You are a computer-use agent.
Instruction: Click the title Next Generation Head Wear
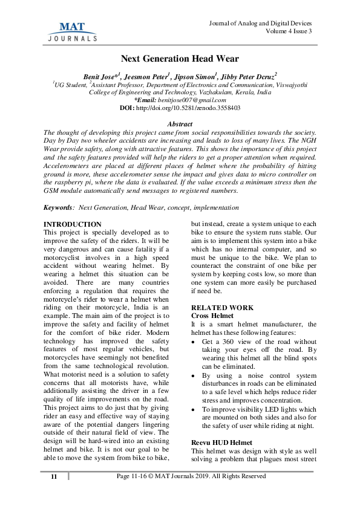click(180, 59)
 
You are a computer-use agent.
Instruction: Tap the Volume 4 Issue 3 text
click(289, 31)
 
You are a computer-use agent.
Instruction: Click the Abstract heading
click(180, 124)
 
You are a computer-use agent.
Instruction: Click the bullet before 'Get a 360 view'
click(194, 342)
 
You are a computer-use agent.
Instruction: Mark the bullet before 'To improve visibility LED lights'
click(194, 409)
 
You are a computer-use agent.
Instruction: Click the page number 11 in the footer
click(54, 476)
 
